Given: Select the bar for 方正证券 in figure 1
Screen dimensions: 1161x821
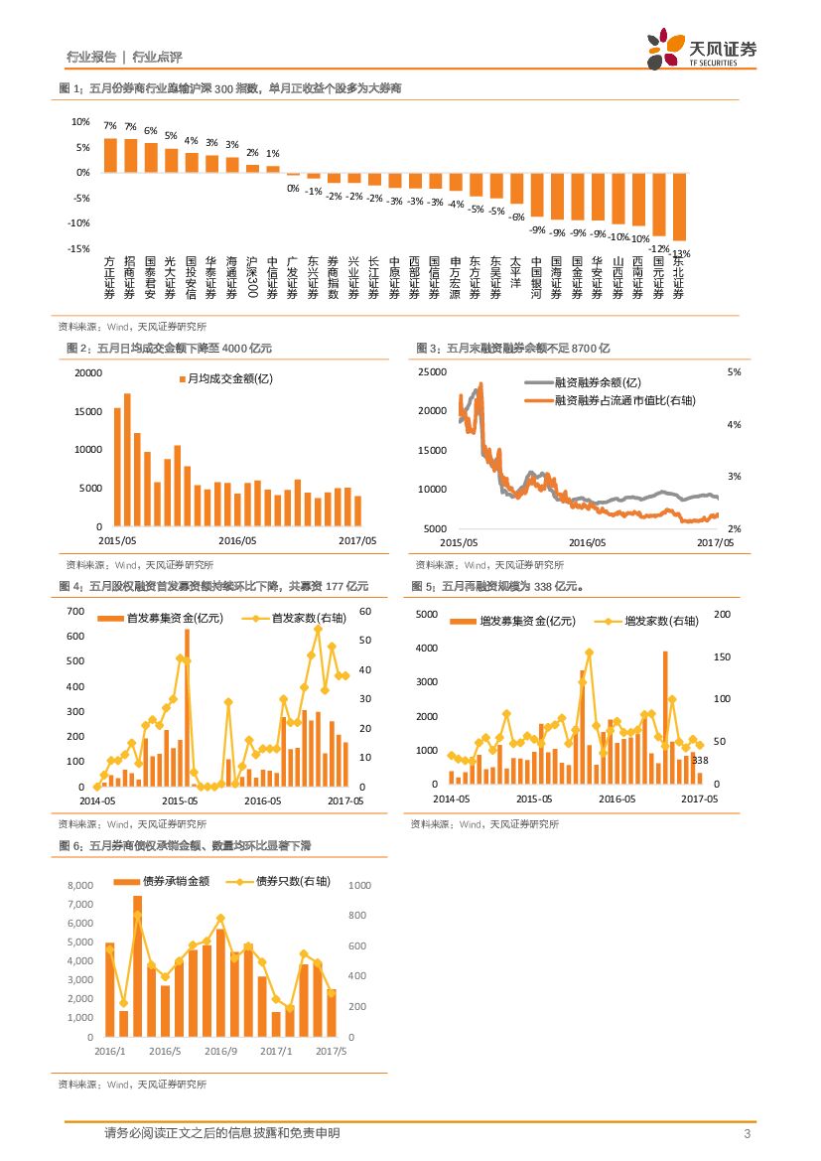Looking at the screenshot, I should (x=110, y=155).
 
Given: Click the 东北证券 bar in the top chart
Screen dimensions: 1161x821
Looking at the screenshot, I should (x=679, y=206).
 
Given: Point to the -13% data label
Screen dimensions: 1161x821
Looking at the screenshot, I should (x=680, y=253).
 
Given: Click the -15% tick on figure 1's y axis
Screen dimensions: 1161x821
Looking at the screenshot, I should (x=79, y=249).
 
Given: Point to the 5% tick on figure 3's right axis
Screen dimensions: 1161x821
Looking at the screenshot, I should (x=736, y=371).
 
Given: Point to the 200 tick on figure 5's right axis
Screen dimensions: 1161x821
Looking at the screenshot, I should (x=723, y=614).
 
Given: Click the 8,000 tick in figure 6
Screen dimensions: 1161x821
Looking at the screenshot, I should (x=78, y=885).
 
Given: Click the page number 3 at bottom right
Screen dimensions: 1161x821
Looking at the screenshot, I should (x=745, y=1134).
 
